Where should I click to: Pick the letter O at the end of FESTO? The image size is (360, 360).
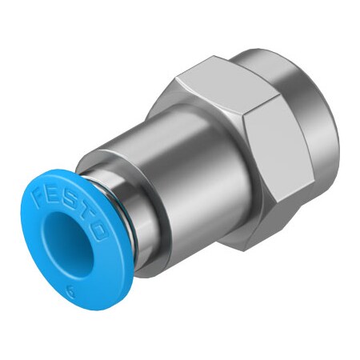pos(101,233)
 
